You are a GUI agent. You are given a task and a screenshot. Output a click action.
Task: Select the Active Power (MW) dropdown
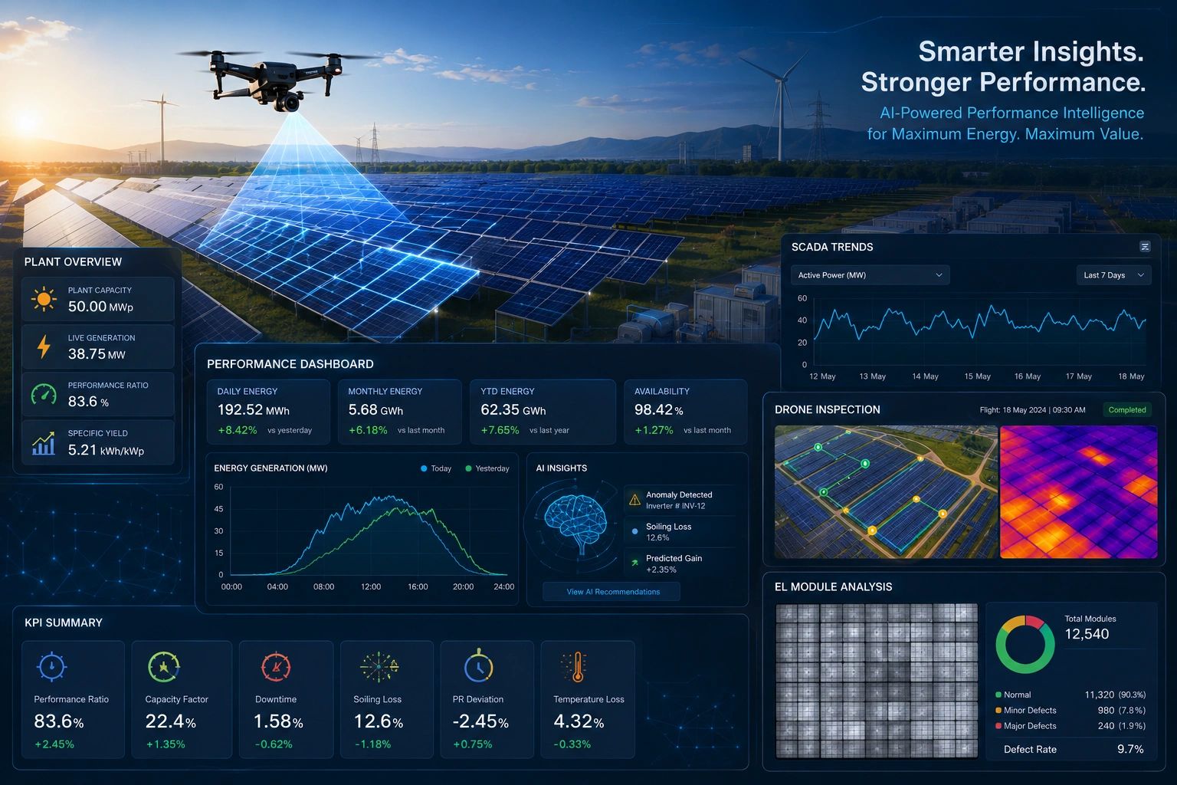(x=870, y=275)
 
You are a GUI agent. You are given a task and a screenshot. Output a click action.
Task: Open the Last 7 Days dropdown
(x=1113, y=275)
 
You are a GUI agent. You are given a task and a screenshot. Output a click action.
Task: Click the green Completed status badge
(x=1126, y=409)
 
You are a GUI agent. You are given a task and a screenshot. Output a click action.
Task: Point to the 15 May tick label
(x=977, y=376)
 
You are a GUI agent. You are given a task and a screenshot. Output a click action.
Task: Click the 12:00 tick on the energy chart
(x=370, y=586)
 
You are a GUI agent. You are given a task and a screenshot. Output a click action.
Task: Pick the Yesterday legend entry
(x=487, y=468)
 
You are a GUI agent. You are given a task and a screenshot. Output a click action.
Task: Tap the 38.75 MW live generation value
(x=97, y=354)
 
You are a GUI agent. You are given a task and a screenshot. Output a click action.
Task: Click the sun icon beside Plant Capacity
(x=44, y=299)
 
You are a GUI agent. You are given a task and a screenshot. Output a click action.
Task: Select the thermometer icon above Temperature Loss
(x=577, y=667)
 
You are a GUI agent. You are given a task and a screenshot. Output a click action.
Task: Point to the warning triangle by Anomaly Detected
(x=634, y=500)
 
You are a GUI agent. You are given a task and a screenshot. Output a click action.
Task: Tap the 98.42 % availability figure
(x=658, y=409)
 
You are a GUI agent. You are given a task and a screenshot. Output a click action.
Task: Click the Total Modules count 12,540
(x=1087, y=634)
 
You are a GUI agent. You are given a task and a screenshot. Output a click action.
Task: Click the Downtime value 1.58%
(x=278, y=721)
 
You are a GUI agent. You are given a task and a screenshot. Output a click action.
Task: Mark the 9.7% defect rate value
(x=1130, y=749)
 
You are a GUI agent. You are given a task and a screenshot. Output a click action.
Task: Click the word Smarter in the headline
(x=971, y=51)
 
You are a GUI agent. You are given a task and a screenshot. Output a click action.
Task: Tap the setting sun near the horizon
(x=25, y=121)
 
